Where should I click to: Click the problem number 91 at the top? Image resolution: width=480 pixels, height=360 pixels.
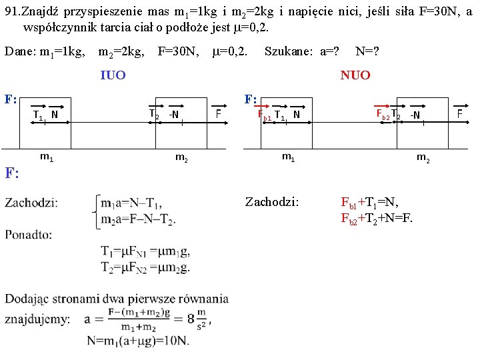pos(13,11)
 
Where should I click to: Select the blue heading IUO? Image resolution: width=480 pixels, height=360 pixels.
pos(113,75)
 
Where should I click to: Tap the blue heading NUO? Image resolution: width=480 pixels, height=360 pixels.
pos(355,75)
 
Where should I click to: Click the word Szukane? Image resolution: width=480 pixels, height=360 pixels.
pos(288,51)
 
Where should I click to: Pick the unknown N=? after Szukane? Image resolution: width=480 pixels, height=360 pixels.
pos(367,51)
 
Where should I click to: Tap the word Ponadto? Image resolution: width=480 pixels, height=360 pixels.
pos(29,234)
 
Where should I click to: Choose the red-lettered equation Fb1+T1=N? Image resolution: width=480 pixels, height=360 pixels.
pos(372,202)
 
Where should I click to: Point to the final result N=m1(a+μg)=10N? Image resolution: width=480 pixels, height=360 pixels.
pos(137,341)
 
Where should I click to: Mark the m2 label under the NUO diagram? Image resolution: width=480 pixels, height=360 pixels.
pos(422,157)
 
